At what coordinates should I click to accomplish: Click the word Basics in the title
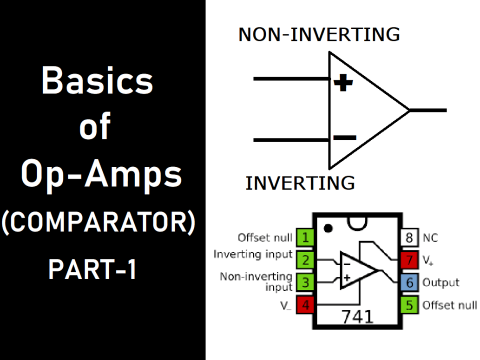coord(98,80)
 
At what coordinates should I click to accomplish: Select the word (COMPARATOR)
coord(98,224)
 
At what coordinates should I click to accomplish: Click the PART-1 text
coord(92,270)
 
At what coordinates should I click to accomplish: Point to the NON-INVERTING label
coord(319,35)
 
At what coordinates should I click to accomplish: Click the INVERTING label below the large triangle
coord(300,183)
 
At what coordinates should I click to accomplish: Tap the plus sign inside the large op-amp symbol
coord(343,83)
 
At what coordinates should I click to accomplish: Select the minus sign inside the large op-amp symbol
coord(345,137)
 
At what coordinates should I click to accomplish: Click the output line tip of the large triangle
coord(445,111)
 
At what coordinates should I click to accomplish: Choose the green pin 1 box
coord(305,238)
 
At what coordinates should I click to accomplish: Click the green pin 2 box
coord(305,260)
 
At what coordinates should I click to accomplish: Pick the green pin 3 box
coord(305,282)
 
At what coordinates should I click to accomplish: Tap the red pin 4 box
coord(305,305)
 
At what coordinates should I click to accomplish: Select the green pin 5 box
coord(409,305)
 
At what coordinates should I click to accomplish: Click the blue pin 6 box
coord(409,282)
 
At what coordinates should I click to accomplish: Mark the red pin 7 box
coord(409,260)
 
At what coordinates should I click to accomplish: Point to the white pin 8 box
coord(409,238)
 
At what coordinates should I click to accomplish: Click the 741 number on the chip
coord(357,316)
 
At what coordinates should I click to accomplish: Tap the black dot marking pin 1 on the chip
coord(329,228)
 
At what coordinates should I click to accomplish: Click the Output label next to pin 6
coord(441,282)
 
